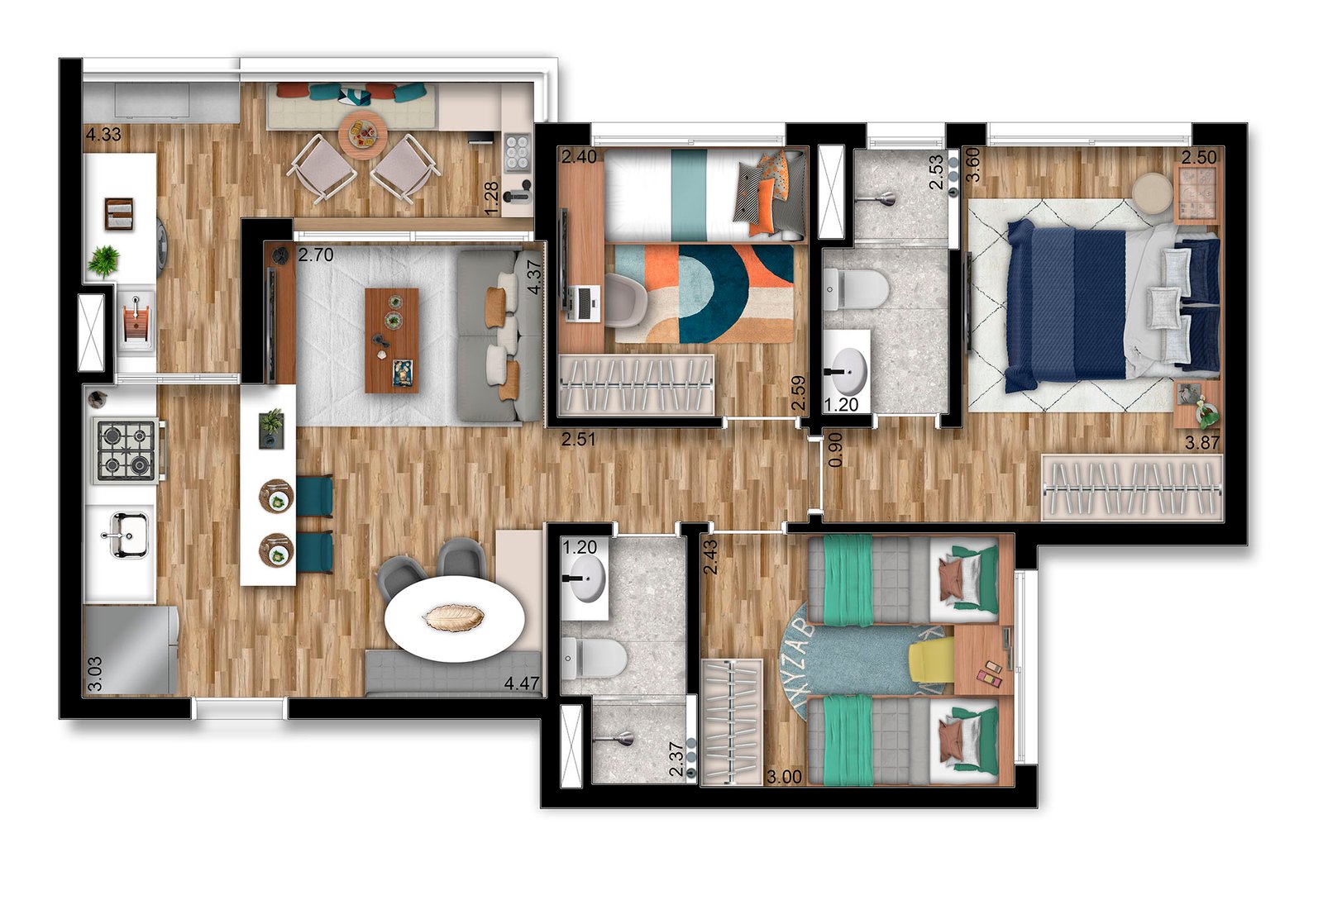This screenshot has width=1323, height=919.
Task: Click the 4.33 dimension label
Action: pos(103,135)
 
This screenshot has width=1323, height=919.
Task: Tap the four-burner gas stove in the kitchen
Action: pos(127,450)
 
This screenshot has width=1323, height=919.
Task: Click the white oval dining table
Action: pos(454,617)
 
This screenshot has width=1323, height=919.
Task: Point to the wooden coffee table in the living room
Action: pos(392,340)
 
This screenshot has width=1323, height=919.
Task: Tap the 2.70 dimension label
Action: pos(316,255)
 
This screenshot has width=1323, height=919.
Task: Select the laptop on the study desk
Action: pos(582,303)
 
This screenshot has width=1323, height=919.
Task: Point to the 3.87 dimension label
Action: pos(1202,443)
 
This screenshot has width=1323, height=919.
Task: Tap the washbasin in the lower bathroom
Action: pos(585,577)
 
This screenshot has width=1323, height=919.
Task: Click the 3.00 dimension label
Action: pos(784,777)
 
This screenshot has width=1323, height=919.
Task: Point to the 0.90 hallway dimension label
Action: pos(835,450)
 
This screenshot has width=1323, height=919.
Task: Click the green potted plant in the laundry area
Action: pos(103,262)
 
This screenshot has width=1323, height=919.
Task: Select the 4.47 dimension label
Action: pos(522,683)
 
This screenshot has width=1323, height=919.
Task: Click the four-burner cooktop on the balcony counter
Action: pos(518,152)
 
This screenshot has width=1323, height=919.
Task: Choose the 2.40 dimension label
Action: pos(579,157)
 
